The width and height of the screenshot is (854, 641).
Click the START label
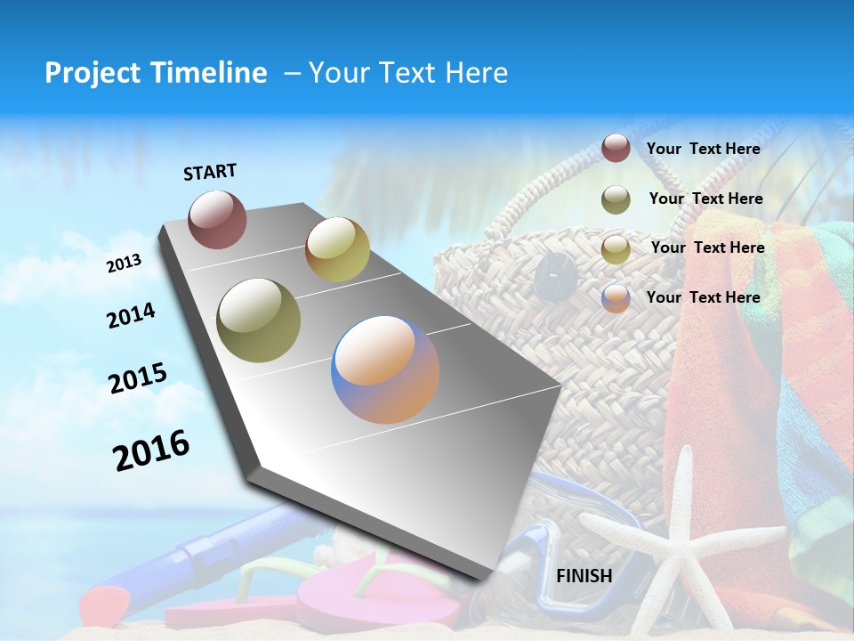(210, 172)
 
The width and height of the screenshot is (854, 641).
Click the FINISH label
(584, 575)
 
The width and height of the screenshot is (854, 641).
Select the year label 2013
(124, 263)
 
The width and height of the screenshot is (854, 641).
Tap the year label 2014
(131, 315)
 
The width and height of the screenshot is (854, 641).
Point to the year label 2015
(137, 377)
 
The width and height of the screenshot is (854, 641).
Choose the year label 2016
(151, 450)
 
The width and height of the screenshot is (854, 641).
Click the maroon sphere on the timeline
(217, 219)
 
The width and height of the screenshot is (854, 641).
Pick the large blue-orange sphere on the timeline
(385, 369)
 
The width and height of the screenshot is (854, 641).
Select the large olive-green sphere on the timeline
(259, 320)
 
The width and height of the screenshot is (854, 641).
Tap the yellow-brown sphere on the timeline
(337, 249)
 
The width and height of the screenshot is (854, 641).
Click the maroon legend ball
(616, 149)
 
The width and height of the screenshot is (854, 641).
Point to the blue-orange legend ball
(616, 298)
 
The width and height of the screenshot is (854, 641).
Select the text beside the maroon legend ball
(703, 149)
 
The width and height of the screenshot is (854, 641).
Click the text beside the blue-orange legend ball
(703, 297)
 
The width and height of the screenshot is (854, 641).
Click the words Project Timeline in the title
(156, 73)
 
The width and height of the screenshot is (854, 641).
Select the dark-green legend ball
(616, 199)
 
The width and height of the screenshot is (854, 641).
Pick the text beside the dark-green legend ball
(705, 199)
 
